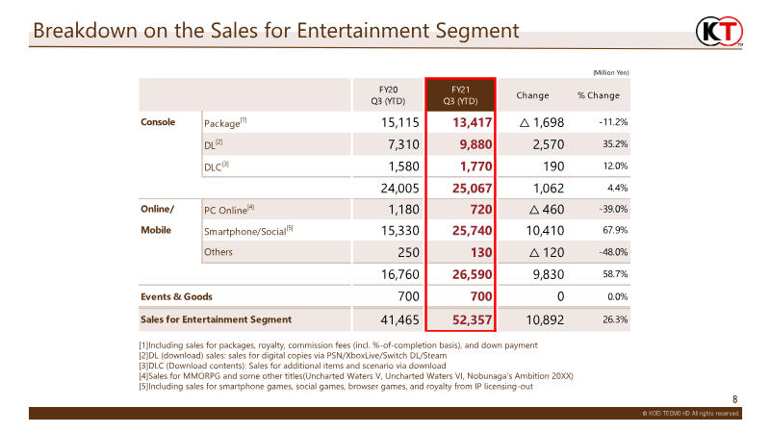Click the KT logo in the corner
pyautogui.click(x=719, y=32)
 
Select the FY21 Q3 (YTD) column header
pyautogui.click(x=461, y=95)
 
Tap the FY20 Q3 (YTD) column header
pyautogui.click(x=388, y=95)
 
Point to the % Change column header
pyautogui.click(x=598, y=95)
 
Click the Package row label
pyautogui.click(x=225, y=123)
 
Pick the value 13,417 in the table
pyautogui.click(x=472, y=122)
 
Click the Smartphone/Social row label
pyautogui.click(x=248, y=231)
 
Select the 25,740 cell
pyautogui.click(x=472, y=231)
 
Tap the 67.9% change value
pyautogui.click(x=615, y=230)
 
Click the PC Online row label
pyautogui.click(x=229, y=210)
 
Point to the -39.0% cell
pyautogui.click(x=613, y=209)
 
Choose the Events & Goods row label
pyautogui.click(x=176, y=296)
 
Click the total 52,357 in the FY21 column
pyautogui.click(x=472, y=320)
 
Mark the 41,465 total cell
pyautogui.click(x=399, y=320)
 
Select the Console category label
pyautogui.click(x=158, y=122)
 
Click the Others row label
pyautogui.click(x=218, y=252)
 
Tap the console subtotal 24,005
pyautogui.click(x=399, y=188)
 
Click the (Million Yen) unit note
pyautogui.click(x=611, y=73)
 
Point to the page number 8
pyautogui.click(x=734, y=399)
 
